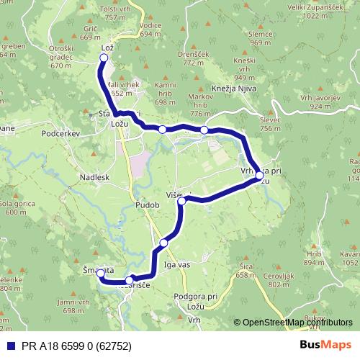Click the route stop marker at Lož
click(104, 57)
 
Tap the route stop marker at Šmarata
click(101, 272)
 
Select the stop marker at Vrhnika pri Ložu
click(259, 175)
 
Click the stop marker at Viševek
click(181, 202)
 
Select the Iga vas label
click(176, 265)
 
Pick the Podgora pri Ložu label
click(196, 301)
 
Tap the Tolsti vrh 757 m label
click(120, 12)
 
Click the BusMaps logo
click(325, 345)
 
